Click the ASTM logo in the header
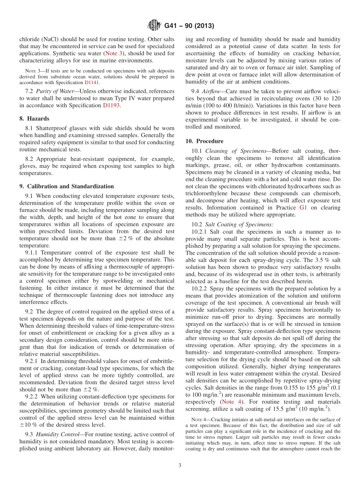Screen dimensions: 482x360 pos(155,26)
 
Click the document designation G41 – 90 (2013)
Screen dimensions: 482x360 pos(189,26)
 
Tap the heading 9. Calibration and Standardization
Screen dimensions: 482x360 pos(66,186)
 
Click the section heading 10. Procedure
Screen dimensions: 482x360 pos(204,141)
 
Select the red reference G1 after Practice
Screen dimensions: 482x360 pos(303,207)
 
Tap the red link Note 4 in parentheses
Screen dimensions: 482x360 pos(233,402)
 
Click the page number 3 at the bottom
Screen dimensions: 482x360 pos(180,465)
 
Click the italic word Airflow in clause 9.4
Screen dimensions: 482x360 pos(211,91)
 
